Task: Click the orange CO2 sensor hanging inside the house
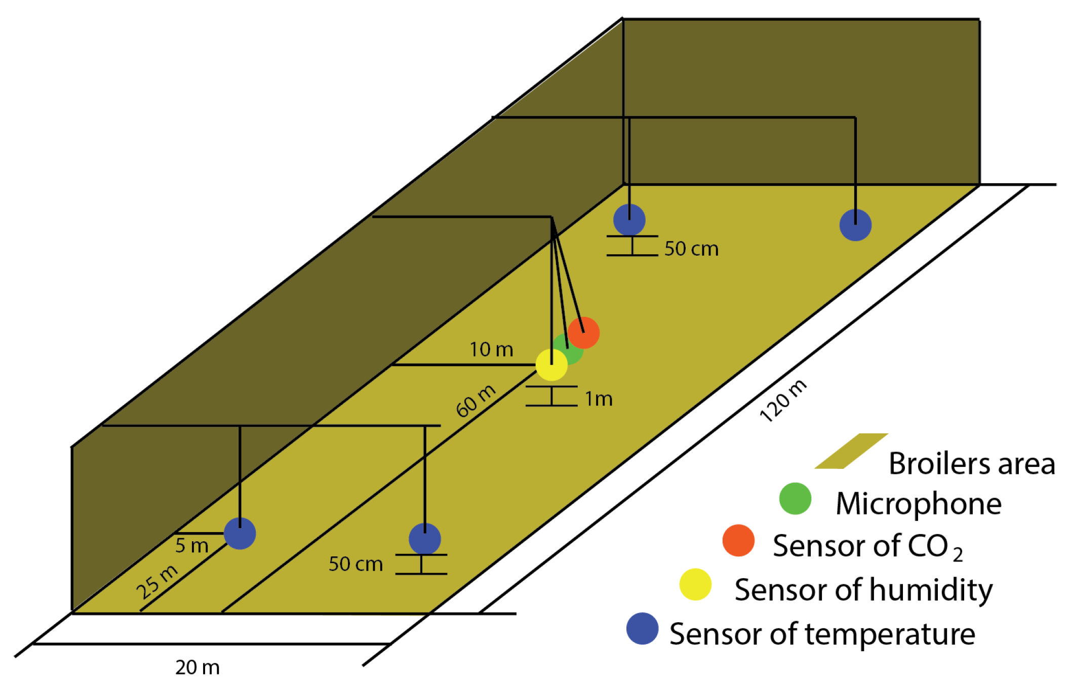(584, 333)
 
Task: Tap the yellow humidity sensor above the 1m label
(551, 365)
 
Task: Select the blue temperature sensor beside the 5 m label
(240, 533)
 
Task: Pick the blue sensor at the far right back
(855, 225)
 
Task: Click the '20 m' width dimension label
(197, 667)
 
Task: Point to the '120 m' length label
(782, 401)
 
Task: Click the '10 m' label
(491, 349)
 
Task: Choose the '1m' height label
(599, 399)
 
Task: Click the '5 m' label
(191, 545)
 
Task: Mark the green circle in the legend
(795, 499)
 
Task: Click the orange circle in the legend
(738, 540)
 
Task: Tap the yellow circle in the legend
(695, 584)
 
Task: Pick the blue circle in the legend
(642, 628)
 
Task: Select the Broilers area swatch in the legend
(851, 451)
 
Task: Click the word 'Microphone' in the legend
(919, 504)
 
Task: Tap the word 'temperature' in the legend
(890, 634)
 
